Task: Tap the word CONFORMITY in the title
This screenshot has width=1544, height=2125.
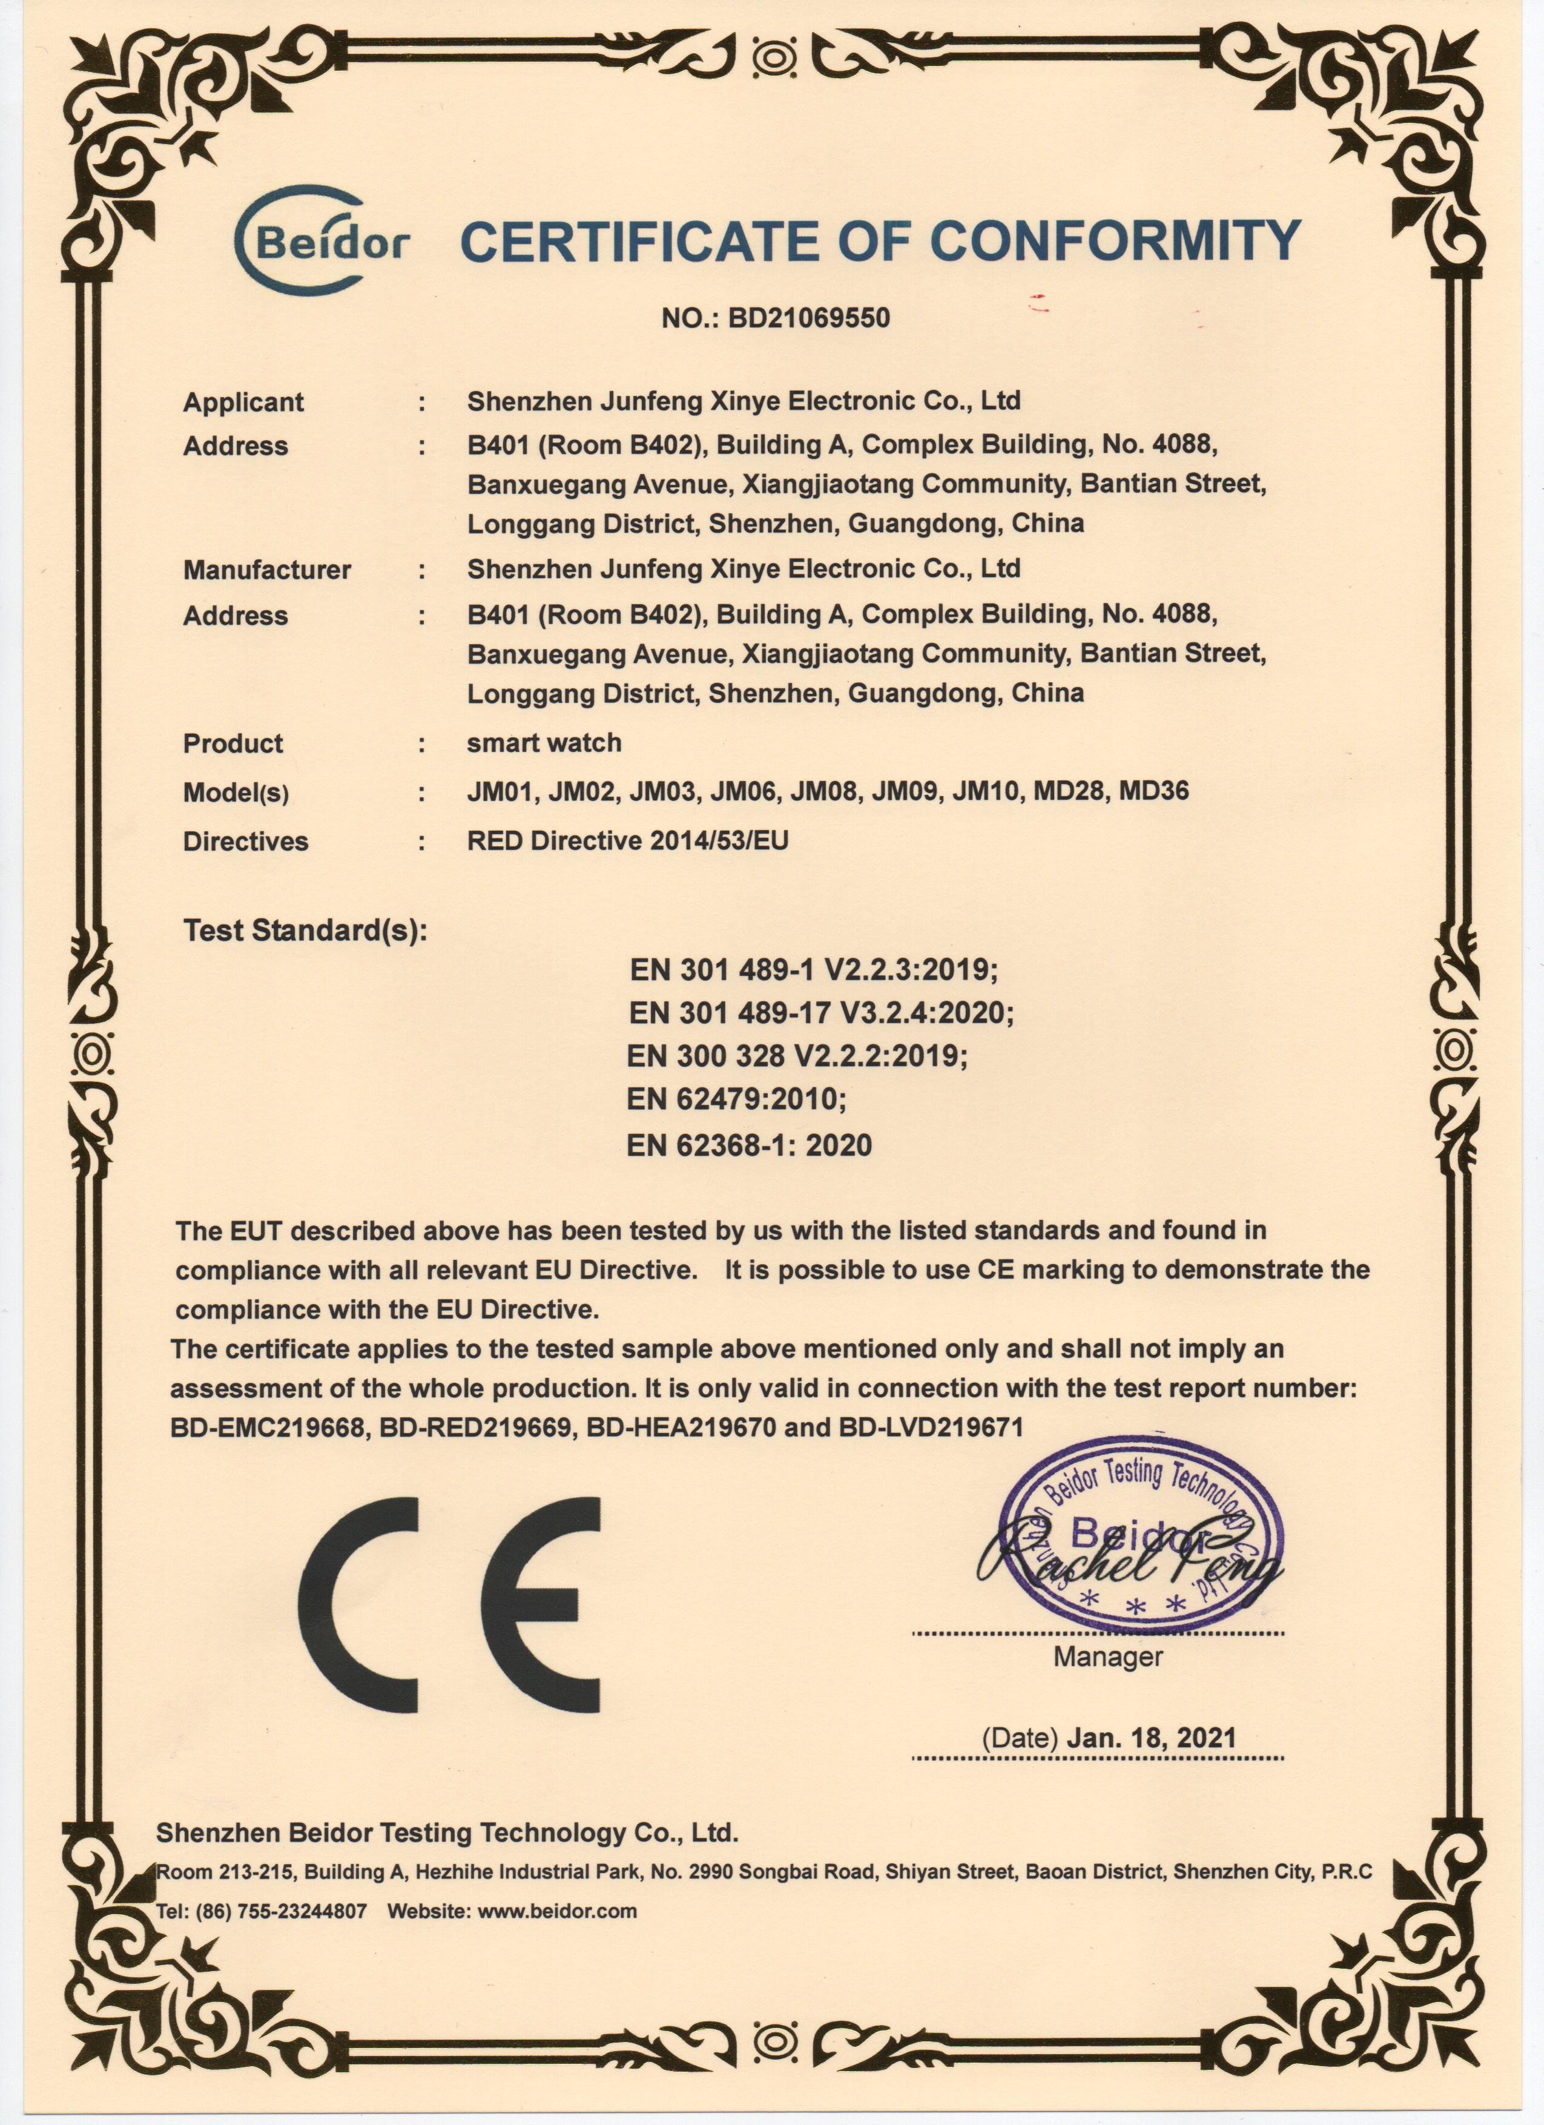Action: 1115,242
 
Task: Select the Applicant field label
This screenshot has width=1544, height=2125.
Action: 243,402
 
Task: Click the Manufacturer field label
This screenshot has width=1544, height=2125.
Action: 267,570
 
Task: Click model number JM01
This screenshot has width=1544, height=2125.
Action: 501,792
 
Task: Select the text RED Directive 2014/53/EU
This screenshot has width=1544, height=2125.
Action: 628,840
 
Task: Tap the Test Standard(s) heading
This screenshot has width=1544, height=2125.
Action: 305,931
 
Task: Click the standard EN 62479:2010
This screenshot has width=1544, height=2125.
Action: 736,1098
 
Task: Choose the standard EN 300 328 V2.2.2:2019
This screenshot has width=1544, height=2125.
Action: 796,1056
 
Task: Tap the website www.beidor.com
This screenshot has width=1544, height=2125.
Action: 558,1911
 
